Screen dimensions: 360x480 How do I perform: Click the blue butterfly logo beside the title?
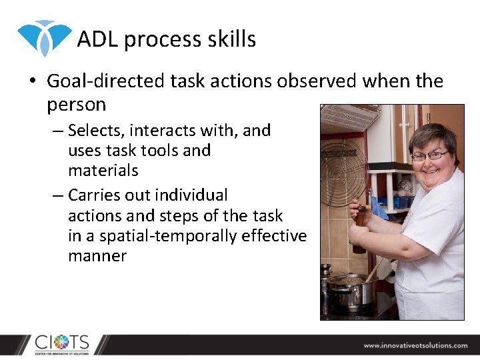click(x=44, y=37)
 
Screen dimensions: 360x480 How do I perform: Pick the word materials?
click(x=103, y=171)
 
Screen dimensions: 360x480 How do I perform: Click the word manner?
click(x=97, y=256)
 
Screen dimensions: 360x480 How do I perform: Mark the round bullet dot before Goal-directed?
click(x=31, y=82)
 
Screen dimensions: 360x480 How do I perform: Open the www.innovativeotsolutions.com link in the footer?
click(x=415, y=345)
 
